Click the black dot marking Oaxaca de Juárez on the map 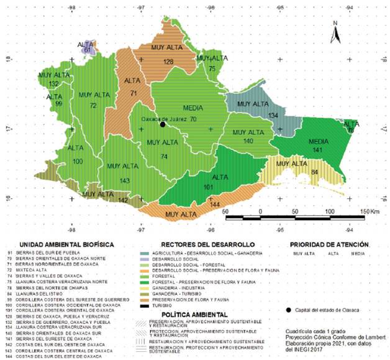[163, 124]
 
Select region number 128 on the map [168, 62]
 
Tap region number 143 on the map [125, 180]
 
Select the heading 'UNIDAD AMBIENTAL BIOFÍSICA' [66, 244]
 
